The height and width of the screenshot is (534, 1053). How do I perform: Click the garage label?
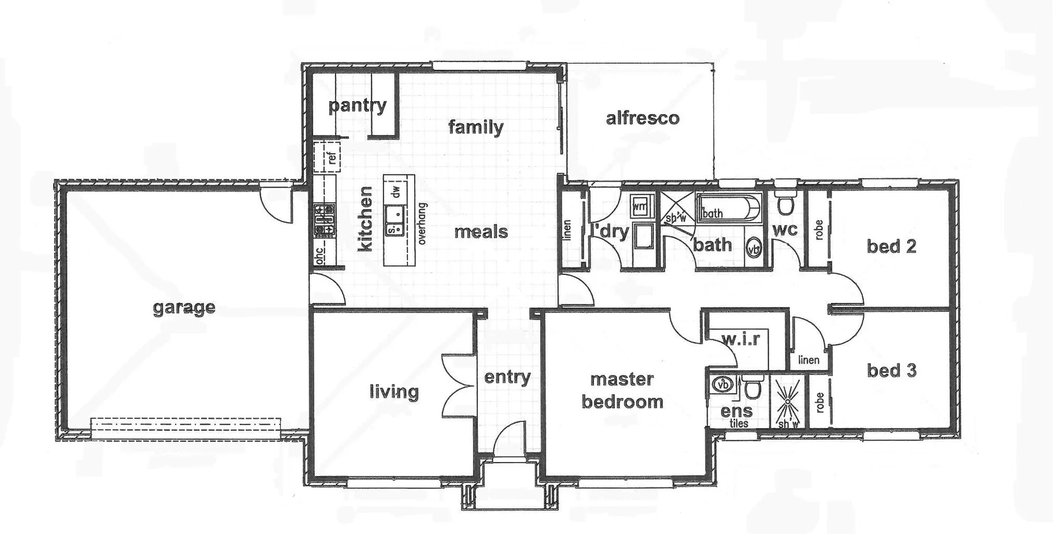(184, 307)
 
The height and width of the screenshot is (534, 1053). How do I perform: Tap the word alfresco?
(642, 118)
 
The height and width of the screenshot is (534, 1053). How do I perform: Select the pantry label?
(357, 105)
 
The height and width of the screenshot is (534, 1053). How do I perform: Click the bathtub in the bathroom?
(729, 209)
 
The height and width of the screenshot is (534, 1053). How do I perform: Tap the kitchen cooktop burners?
(324, 219)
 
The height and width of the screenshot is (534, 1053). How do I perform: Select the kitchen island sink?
(394, 220)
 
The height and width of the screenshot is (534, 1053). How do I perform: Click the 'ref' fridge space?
(327, 158)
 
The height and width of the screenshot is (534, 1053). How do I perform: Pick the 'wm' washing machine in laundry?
(639, 206)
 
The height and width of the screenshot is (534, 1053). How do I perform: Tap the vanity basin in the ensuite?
(722, 384)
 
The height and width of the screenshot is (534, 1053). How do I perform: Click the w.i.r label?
(740, 340)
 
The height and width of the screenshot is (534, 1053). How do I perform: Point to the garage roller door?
(186, 429)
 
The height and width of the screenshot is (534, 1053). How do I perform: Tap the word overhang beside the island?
(422, 223)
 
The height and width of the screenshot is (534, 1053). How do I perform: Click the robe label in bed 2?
(819, 230)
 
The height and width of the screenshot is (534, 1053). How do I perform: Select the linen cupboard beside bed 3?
(808, 359)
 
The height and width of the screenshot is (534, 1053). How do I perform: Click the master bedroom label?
(622, 390)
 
